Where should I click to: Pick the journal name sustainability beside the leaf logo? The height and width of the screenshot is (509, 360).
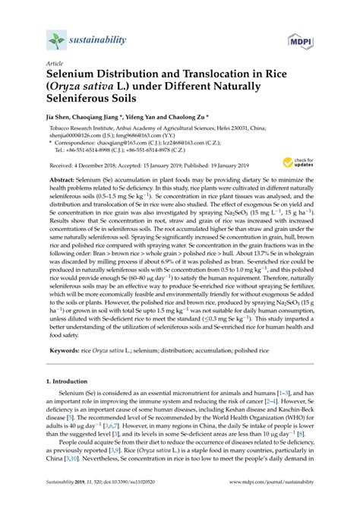click(x=99, y=38)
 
